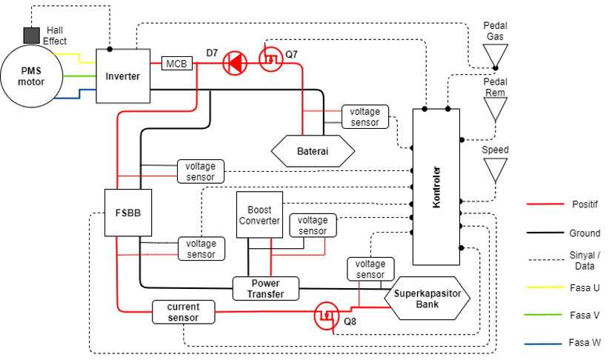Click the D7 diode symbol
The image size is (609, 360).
coord(235,63)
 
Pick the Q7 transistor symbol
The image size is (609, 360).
coord(271,59)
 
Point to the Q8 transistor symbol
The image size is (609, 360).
coord(326,316)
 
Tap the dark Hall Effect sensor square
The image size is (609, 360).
coord(31,36)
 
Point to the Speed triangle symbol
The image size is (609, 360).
coord(495,170)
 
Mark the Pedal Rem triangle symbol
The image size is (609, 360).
coord(495,110)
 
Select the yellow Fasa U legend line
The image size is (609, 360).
coord(545,287)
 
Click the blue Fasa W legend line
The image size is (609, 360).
coord(543,344)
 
